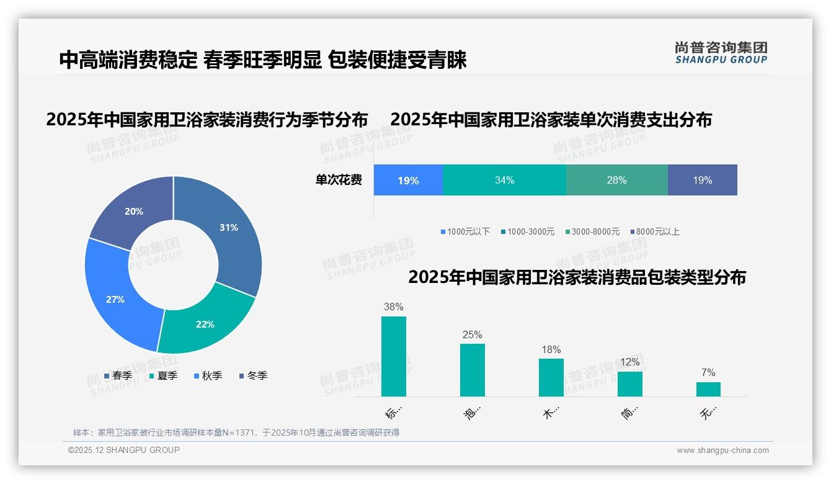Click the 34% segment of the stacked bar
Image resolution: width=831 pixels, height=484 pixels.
click(504, 181)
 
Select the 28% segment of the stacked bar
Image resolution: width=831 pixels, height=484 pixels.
click(616, 181)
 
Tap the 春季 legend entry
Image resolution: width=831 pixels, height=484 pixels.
click(118, 375)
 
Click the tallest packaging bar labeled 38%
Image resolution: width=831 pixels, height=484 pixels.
click(394, 356)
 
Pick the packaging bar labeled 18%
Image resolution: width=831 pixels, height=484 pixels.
click(551, 377)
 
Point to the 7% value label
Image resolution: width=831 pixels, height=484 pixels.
click(708, 372)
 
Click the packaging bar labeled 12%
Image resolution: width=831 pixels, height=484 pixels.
click(629, 383)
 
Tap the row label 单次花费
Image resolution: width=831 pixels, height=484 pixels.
click(339, 181)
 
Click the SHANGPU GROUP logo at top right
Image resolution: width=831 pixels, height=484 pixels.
click(721, 53)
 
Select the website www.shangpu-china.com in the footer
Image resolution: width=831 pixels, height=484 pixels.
click(722, 450)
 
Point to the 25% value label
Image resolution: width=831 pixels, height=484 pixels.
click(472, 334)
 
